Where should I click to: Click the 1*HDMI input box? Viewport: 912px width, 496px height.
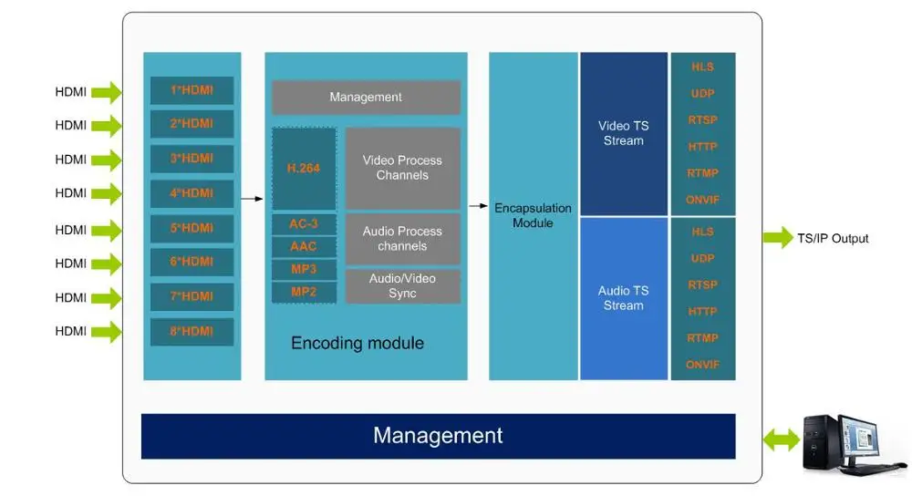[192, 90]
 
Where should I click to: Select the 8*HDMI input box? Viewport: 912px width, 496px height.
[192, 331]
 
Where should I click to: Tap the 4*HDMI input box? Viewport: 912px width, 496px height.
[192, 193]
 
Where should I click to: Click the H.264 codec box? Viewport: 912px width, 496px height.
[304, 169]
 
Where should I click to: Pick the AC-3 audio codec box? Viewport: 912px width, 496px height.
[304, 223]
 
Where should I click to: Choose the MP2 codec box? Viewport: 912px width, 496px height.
[304, 292]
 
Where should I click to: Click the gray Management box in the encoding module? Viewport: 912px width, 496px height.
[366, 98]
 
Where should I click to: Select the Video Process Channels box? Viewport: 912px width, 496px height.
[402, 168]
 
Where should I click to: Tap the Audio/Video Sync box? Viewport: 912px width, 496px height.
[402, 285]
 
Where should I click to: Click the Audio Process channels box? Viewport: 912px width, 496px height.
[402, 239]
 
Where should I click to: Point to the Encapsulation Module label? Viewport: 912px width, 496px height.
[533, 215]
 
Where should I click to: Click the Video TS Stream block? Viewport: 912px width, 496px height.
[624, 133]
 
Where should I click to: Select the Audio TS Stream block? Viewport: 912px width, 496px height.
[624, 298]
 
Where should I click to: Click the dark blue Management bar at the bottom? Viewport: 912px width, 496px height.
[438, 436]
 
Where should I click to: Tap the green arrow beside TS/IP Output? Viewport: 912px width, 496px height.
[777, 238]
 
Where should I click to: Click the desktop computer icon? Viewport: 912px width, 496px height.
[844, 442]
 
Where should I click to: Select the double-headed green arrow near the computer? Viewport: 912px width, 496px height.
[781, 442]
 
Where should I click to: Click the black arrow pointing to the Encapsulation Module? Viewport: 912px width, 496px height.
[478, 206]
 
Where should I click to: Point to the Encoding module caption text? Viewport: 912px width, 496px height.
[358, 344]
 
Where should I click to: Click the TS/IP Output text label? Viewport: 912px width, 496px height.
[833, 239]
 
